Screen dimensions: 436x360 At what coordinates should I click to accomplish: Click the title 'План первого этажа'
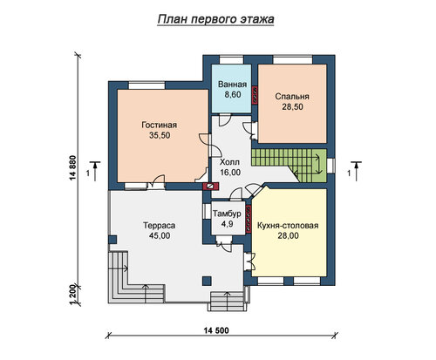(x=215, y=19)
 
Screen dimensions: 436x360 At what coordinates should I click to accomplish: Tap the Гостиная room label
(x=160, y=125)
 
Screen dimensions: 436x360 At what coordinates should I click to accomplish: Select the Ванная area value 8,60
(x=233, y=94)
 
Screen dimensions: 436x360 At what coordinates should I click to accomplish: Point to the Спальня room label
(x=292, y=97)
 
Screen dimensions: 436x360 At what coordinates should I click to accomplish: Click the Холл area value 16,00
(x=230, y=173)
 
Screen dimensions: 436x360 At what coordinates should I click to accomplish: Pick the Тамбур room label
(x=227, y=214)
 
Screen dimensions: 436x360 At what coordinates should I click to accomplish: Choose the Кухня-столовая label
(x=288, y=226)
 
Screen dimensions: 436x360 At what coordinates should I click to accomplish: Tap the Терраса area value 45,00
(x=160, y=235)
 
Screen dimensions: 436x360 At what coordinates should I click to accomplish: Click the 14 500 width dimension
(x=216, y=330)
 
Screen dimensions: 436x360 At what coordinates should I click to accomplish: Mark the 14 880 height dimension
(x=72, y=168)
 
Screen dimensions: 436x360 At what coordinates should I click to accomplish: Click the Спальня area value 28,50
(x=292, y=107)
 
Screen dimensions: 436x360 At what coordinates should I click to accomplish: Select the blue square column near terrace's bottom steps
(x=207, y=281)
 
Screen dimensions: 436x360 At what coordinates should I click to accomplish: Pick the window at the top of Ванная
(x=231, y=60)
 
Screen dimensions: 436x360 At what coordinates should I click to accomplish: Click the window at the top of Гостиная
(x=146, y=85)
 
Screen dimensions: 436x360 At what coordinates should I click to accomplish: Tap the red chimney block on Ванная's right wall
(x=255, y=95)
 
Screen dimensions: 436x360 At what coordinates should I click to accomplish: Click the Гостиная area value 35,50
(x=160, y=135)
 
